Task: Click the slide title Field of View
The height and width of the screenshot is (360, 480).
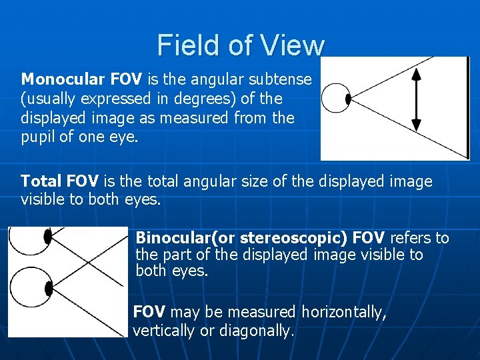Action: pos(241,45)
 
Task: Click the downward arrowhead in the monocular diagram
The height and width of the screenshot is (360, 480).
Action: pos(417,124)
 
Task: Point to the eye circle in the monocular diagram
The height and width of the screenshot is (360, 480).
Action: pos(334,99)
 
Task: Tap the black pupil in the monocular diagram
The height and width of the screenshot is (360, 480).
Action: pos(348,99)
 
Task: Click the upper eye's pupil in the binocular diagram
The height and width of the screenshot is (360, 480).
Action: pos(47,236)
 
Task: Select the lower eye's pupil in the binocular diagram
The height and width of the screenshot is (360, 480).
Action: pos(48,288)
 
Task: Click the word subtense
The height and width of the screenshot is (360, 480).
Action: pos(280,80)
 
